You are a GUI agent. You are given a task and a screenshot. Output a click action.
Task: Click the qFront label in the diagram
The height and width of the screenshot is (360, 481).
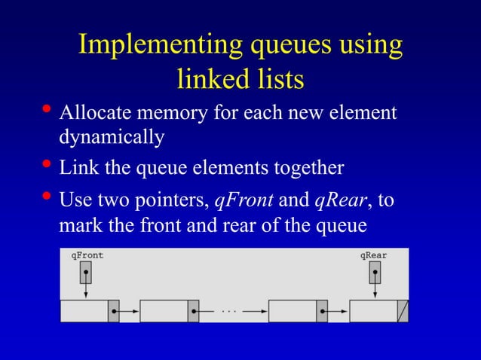[x=87, y=255]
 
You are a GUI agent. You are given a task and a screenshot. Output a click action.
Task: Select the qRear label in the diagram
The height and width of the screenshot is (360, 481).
[x=373, y=255]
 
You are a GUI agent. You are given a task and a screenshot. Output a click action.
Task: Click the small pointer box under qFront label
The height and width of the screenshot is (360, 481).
[x=87, y=272]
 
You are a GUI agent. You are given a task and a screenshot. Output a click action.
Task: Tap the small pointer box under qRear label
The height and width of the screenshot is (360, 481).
[x=375, y=272]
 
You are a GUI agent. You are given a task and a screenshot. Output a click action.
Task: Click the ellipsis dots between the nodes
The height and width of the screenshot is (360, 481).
[x=229, y=310]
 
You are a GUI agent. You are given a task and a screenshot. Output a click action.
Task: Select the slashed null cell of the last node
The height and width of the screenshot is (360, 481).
[x=403, y=310]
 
